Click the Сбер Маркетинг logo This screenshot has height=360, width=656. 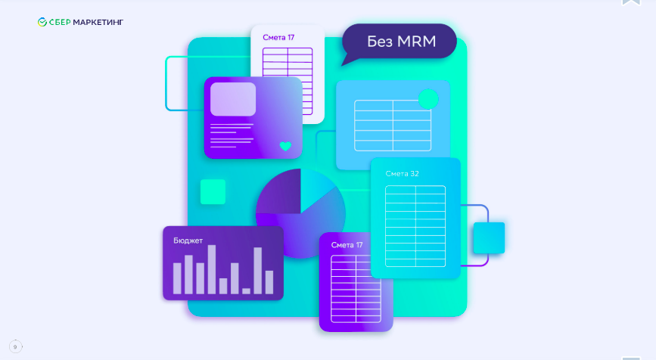click(80, 22)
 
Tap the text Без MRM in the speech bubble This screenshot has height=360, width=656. click(401, 42)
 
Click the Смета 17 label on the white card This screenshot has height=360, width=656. click(278, 37)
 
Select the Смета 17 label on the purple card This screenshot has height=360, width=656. click(347, 245)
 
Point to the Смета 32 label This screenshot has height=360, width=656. click(402, 173)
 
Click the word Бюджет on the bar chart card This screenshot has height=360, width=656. click(188, 241)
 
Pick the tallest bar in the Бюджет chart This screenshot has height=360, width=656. click(211, 269)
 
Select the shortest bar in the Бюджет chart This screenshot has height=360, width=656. click(246, 290)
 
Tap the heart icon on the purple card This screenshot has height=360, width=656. click(285, 146)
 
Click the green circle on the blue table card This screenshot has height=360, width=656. click(428, 99)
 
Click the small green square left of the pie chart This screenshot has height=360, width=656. click(213, 192)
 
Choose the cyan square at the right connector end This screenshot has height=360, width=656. click(488, 237)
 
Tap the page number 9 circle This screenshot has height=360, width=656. click(15, 346)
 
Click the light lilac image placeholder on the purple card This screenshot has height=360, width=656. click(233, 99)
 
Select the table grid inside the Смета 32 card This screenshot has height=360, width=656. click(415, 225)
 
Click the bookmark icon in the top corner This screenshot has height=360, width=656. click(631, 2)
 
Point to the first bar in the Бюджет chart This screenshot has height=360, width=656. click(177, 278)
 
